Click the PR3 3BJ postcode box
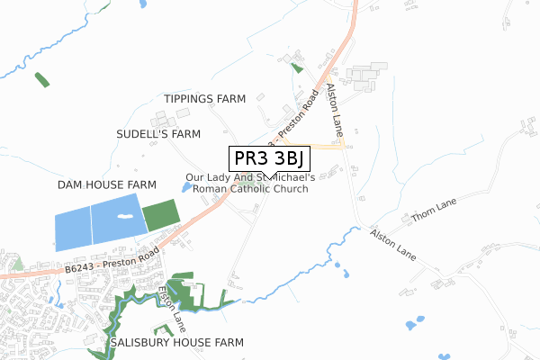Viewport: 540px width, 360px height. point(270,159)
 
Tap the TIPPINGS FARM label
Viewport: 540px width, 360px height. point(205,99)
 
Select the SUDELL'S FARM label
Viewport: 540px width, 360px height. point(158,134)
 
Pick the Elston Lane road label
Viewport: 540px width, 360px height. point(171,306)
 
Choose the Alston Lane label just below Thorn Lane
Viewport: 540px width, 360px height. point(393,245)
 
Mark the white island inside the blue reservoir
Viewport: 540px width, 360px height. point(123,218)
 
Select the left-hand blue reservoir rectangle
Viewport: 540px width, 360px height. point(73,229)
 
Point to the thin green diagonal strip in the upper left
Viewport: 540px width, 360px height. point(41,78)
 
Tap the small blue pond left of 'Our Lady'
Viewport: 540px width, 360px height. point(186,187)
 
